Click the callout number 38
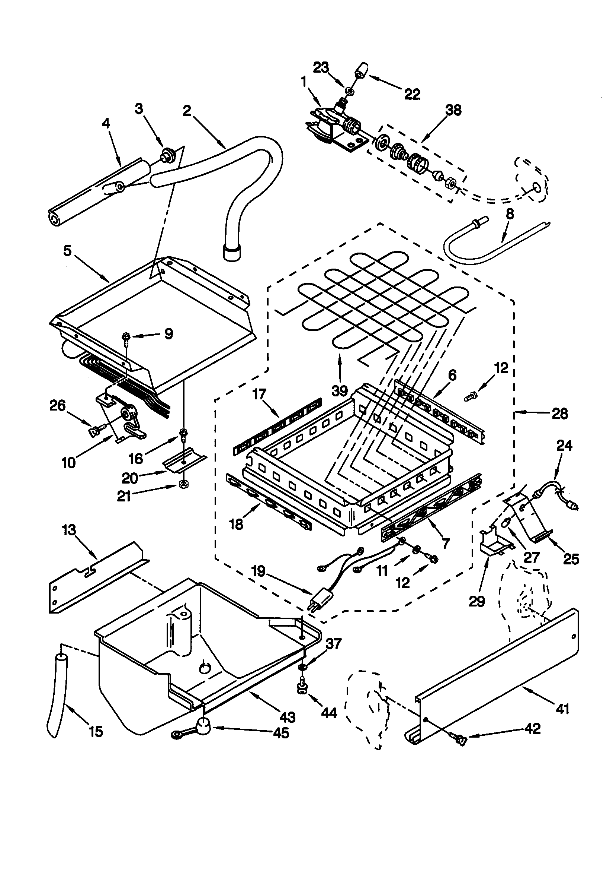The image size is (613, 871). [453, 110]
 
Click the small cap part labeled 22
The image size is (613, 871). [363, 71]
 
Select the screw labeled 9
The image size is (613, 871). [126, 336]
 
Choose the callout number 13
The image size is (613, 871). [69, 530]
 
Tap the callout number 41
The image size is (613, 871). [562, 708]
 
